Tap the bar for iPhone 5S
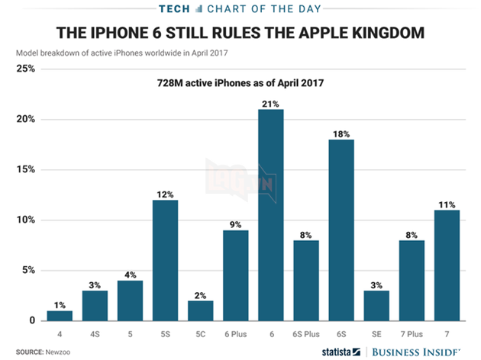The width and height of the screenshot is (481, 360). coord(165,260)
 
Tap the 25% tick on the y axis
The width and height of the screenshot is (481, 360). coord(25,69)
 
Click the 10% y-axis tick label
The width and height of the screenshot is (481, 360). coord(25,220)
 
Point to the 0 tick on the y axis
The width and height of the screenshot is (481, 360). coord(31,321)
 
